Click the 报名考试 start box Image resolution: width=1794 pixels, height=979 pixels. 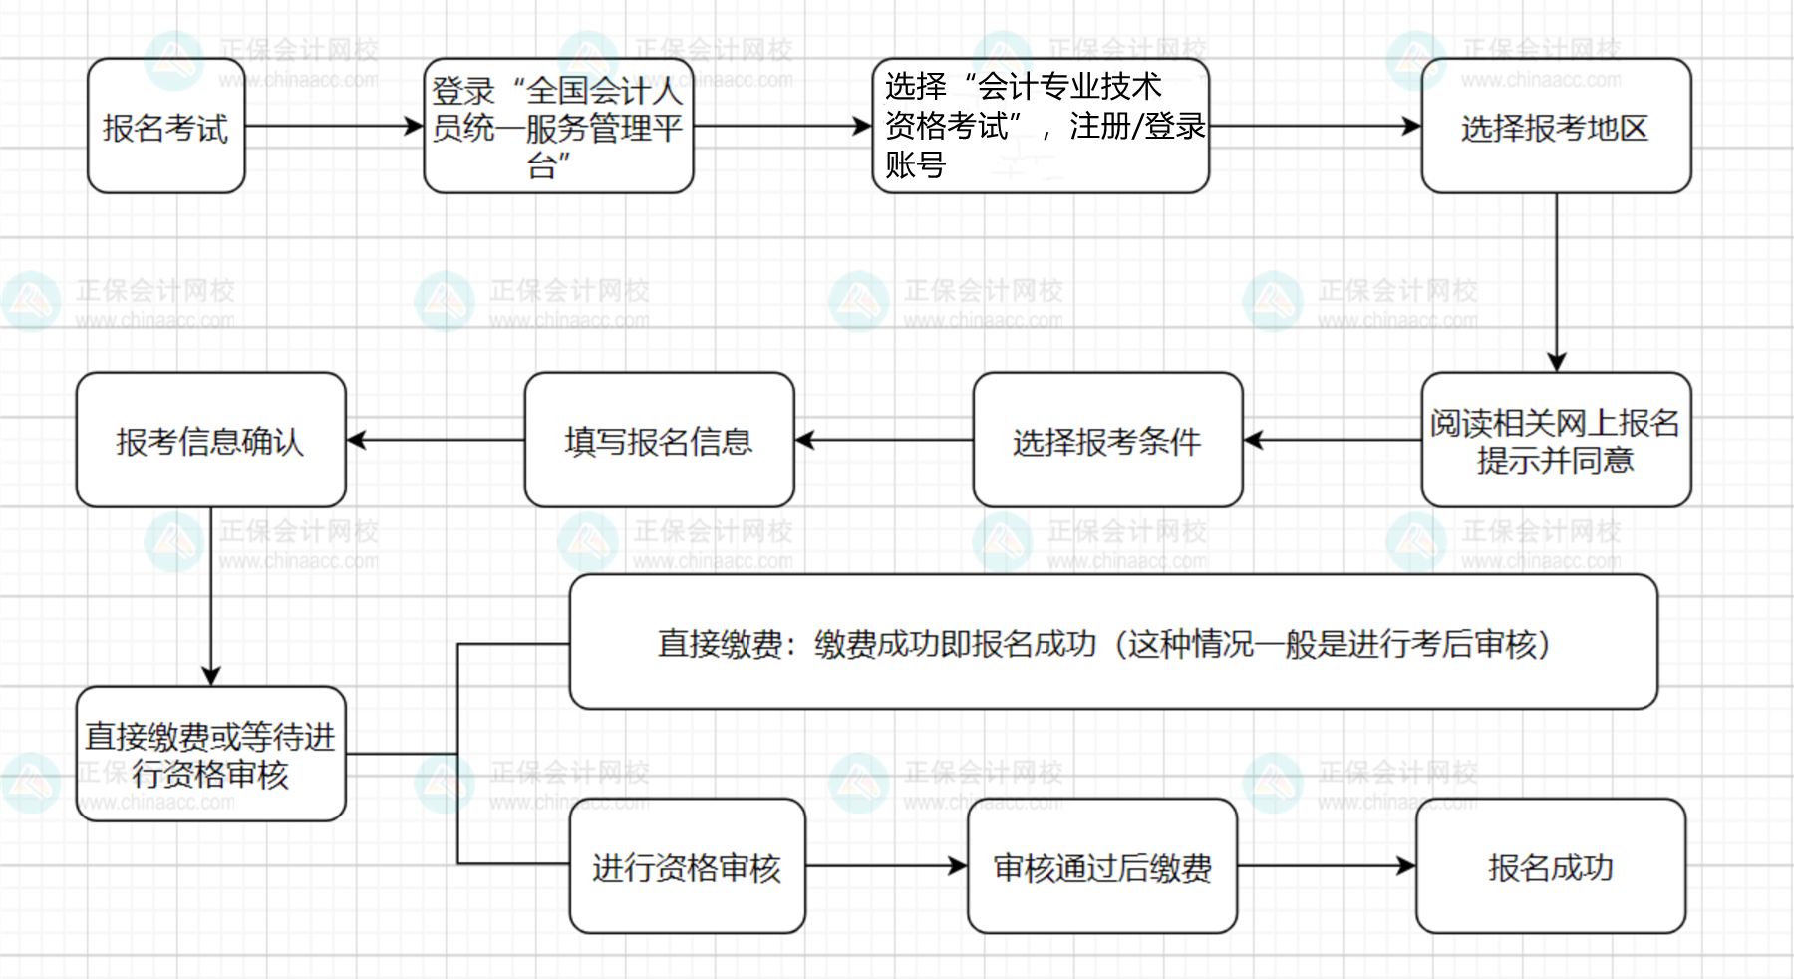[x=165, y=127]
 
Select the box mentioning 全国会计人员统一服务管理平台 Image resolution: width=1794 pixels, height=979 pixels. [x=558, y=127]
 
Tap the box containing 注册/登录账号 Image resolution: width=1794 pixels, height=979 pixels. [x=1041, y=127]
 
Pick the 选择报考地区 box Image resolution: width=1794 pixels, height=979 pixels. [x=1556, y=127]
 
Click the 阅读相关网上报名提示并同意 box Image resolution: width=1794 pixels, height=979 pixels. [x=1556, y=440]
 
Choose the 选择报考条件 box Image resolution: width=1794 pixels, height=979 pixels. [x=1107, y=440]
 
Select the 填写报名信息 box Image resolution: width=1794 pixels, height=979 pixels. [x=659, y=440]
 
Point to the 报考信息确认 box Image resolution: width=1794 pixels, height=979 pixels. [x=210, y=440]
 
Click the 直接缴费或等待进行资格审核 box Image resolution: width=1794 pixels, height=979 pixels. [x=210, y=754]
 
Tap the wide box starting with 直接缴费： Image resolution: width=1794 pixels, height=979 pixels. [x=1112, y=642]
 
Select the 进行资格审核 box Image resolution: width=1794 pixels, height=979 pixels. [x=687, y=866]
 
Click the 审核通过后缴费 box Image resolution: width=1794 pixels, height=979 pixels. [x=1101, y=866]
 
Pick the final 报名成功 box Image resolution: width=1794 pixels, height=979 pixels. [x=1550, y=866]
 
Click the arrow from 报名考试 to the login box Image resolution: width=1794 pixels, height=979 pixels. [x=334, y=127]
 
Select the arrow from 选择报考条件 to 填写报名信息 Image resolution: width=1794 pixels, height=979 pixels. [x=884, y=440]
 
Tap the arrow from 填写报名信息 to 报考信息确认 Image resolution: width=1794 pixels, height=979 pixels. [x=436, y=440]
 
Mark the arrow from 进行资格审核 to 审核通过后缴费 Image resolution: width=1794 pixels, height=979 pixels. [x=886, y=866]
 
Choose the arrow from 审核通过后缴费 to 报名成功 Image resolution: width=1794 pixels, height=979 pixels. [x=1326, y=866]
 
